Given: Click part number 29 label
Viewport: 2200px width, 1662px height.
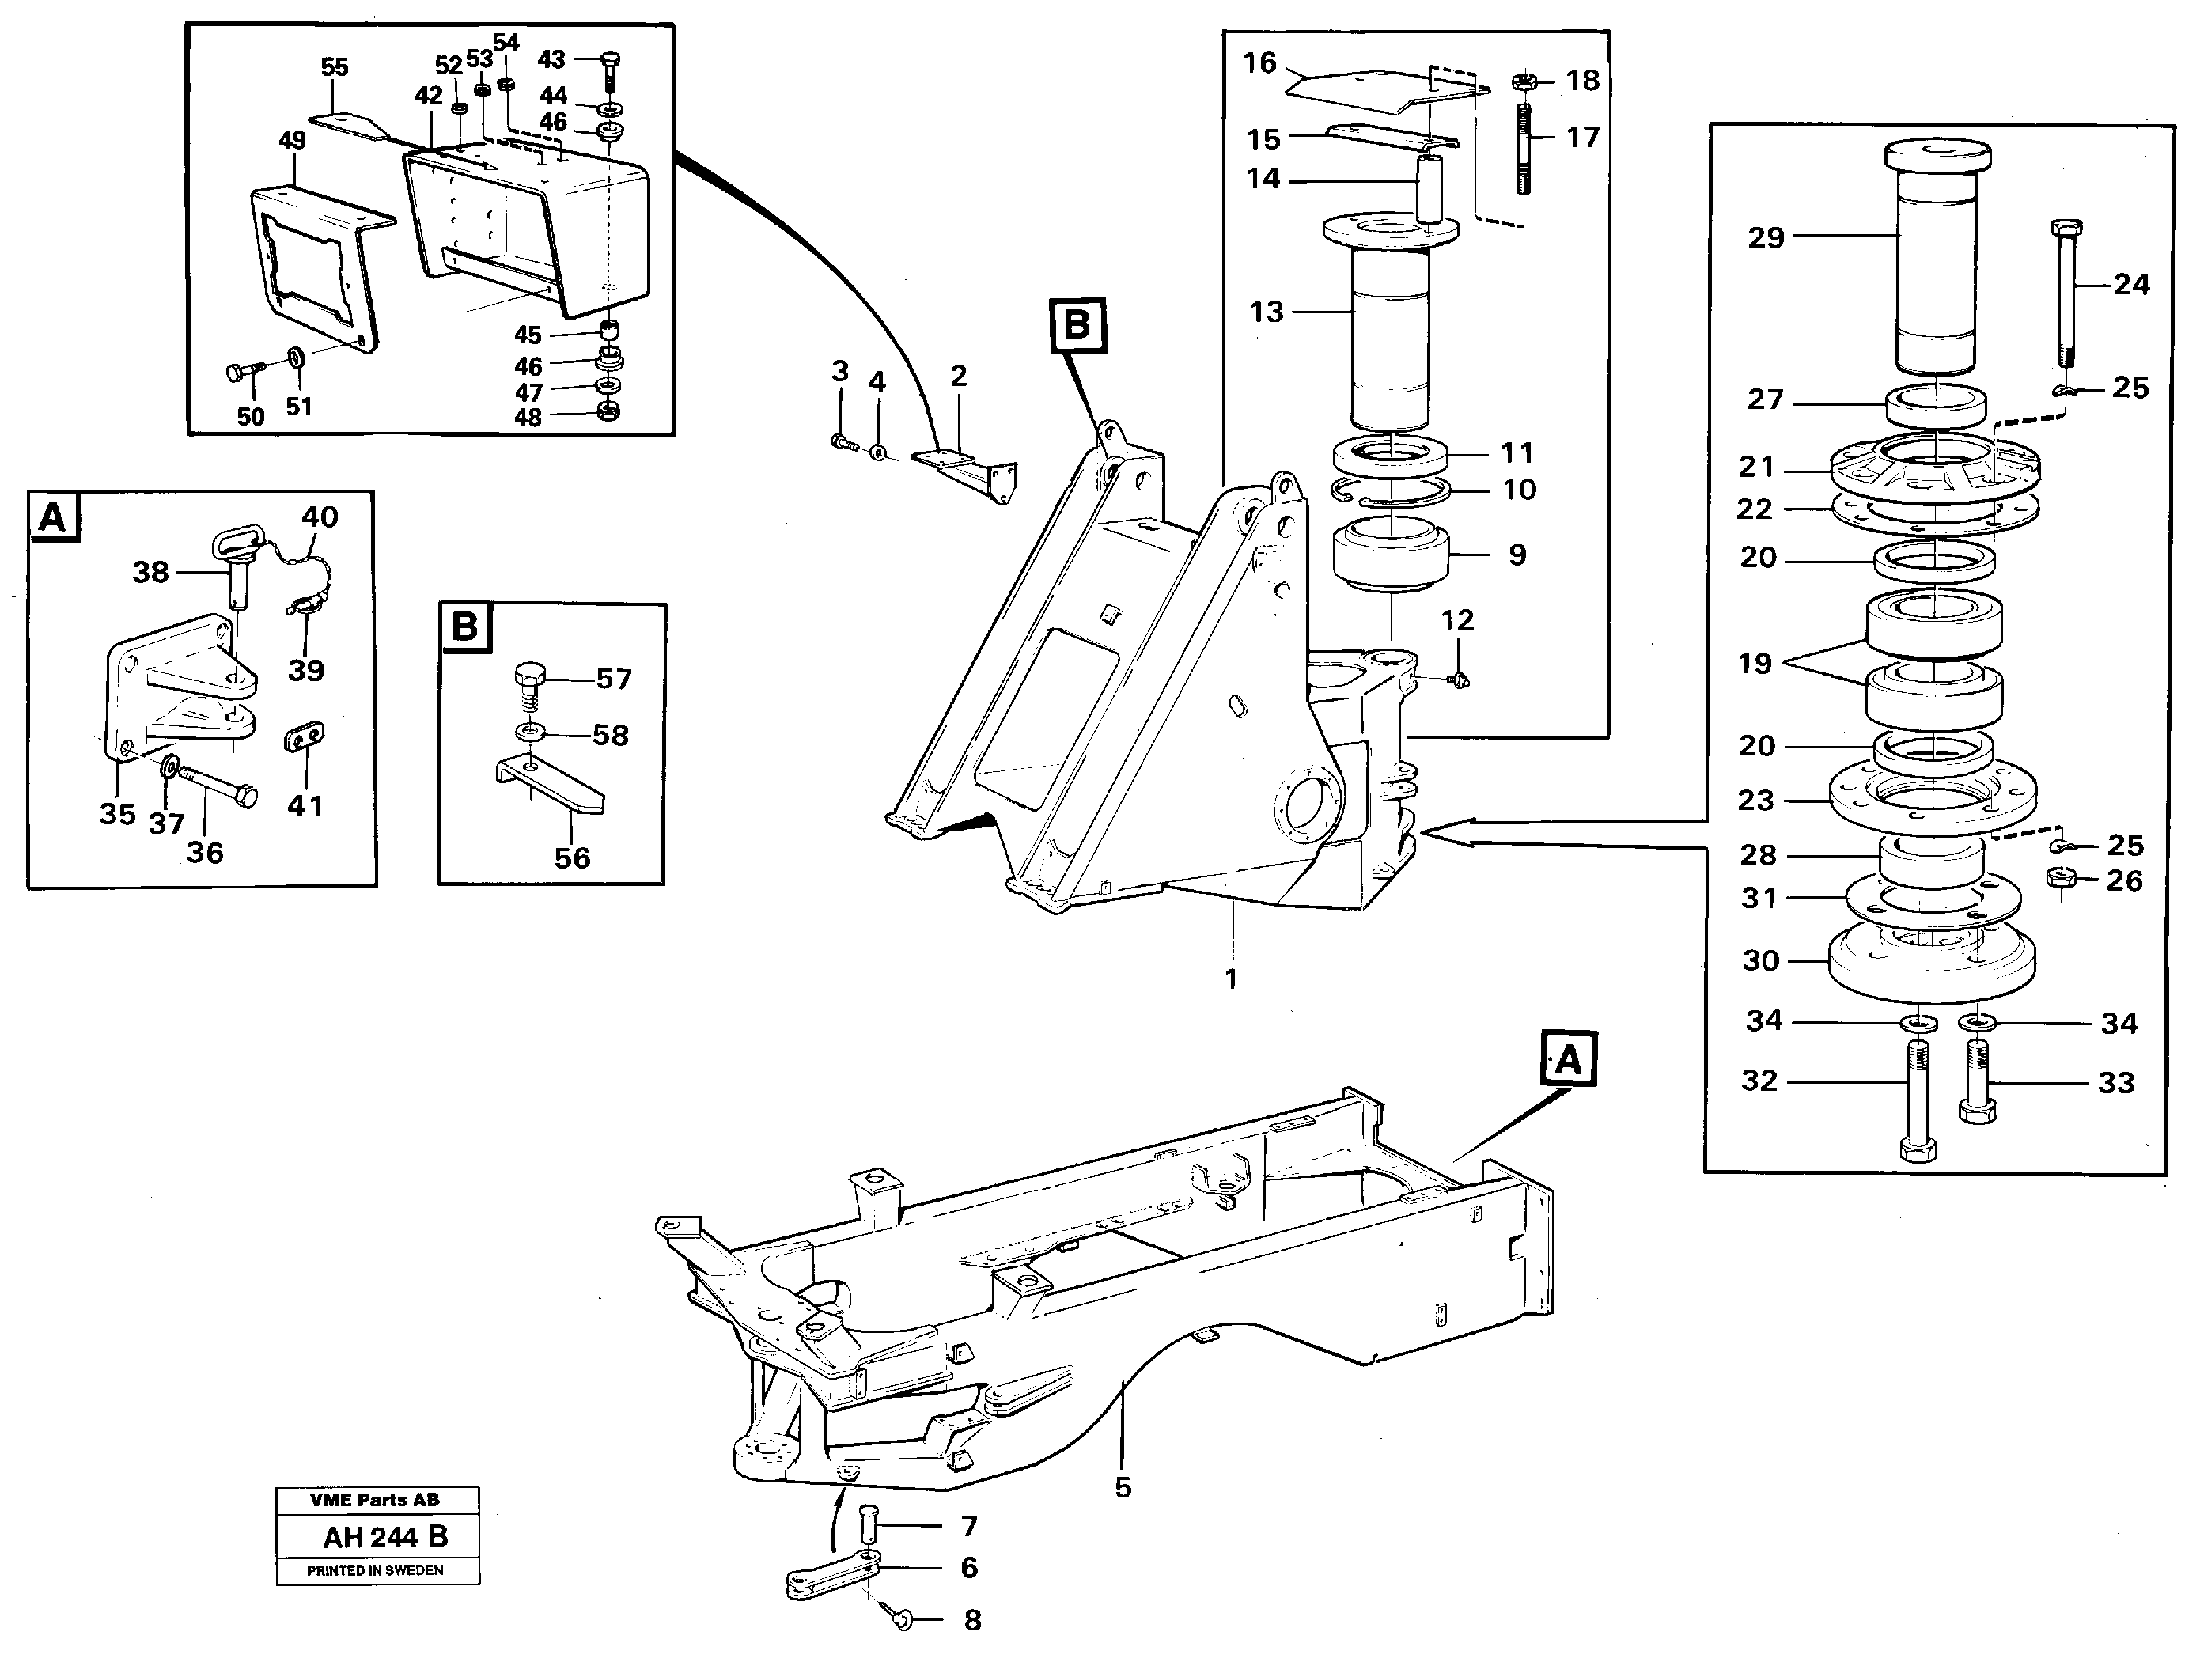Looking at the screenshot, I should click(x=1766, y=238).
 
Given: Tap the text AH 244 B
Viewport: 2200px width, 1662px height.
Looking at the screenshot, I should click(x=385, y=1538).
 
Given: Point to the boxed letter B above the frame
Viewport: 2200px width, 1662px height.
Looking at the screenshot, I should click(x=1078, y=325).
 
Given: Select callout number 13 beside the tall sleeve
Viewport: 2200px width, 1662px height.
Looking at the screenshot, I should click(x=1266, y=312).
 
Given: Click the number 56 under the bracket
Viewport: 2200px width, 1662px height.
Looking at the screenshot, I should click(x=572, y=858).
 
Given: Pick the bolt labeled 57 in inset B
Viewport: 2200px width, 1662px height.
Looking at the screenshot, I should click(x=530, y=687).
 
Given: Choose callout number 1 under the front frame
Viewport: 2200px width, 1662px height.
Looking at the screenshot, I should click(x=1231, y=979).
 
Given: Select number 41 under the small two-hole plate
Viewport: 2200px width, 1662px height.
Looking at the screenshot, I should click(x=305, y=805).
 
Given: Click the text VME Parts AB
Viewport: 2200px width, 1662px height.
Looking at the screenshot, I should click(x=375, y=1500).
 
